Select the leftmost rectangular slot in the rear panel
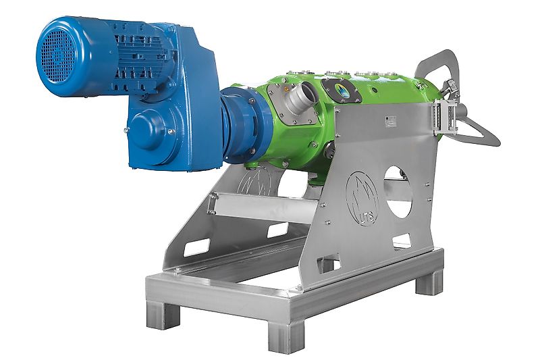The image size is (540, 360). [196, 247]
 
